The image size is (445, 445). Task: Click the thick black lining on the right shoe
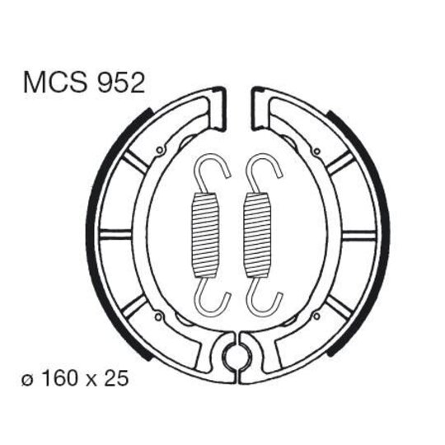[385, 231]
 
